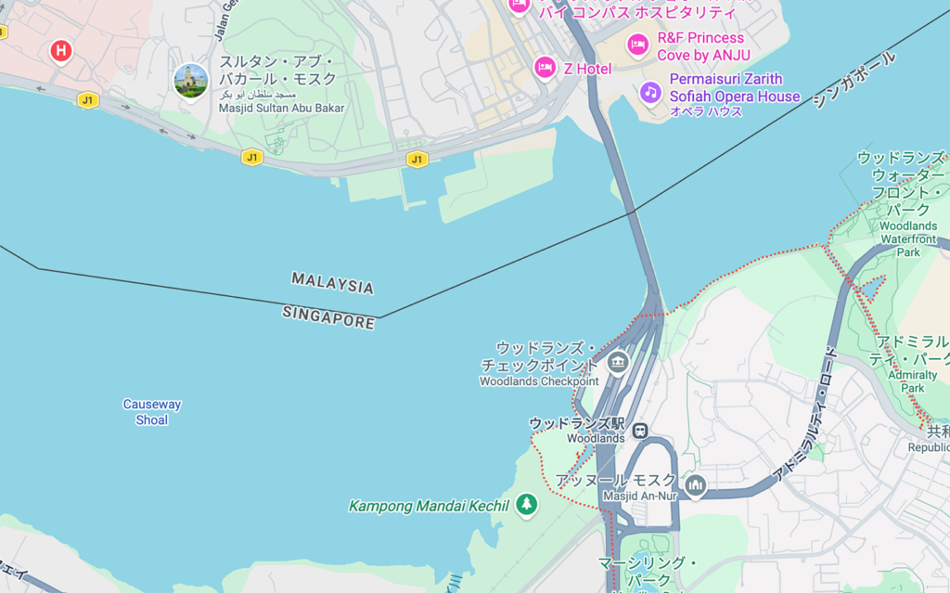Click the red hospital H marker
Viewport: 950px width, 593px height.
point(61,51)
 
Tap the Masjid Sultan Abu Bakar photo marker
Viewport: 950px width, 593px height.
point(191,81)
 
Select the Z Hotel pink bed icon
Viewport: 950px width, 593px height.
point(545,68)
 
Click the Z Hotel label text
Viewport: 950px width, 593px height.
point(588,69)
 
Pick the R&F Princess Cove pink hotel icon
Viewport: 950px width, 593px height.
point(637,45)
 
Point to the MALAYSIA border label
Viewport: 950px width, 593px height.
point(333,283)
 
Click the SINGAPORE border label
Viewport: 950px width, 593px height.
point(329,316)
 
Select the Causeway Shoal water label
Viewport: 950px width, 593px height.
point(152,412)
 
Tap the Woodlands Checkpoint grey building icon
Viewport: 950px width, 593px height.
point(617,362)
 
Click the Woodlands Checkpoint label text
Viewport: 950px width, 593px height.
point(539,381)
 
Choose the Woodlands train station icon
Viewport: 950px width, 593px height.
point(640,431)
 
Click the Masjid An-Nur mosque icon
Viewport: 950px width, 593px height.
point(696,484)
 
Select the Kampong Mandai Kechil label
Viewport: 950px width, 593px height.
point(429,506)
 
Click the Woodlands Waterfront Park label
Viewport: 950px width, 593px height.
point(907,238)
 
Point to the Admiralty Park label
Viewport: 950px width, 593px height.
point(905,381)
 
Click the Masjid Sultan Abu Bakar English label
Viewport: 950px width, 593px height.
point(281,109)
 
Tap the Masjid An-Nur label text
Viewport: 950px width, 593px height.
point(640,496)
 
